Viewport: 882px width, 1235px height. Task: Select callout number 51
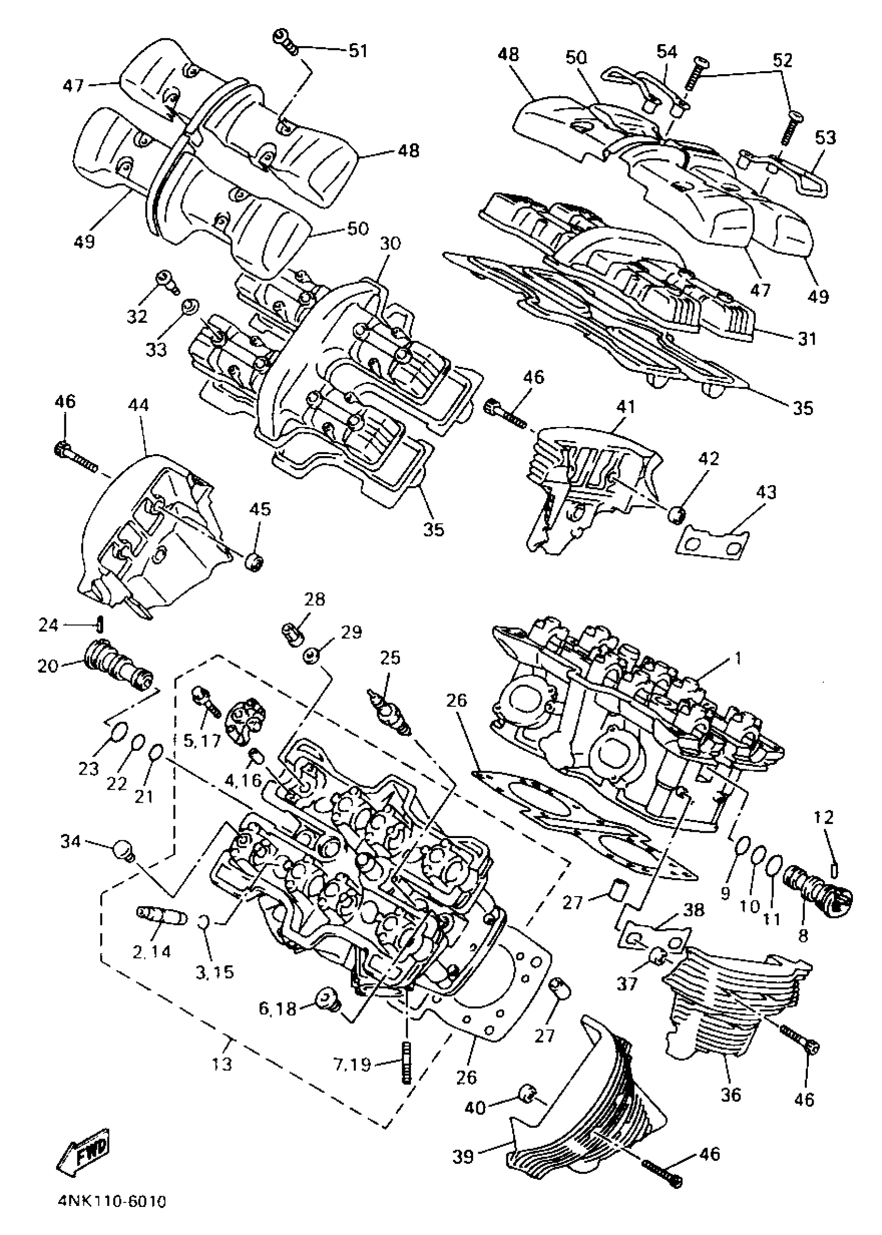coord(358,50)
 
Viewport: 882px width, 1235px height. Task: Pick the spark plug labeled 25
coord(390,713)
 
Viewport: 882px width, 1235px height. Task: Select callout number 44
coord(139,405)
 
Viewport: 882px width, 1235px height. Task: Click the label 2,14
coord(152,951)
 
